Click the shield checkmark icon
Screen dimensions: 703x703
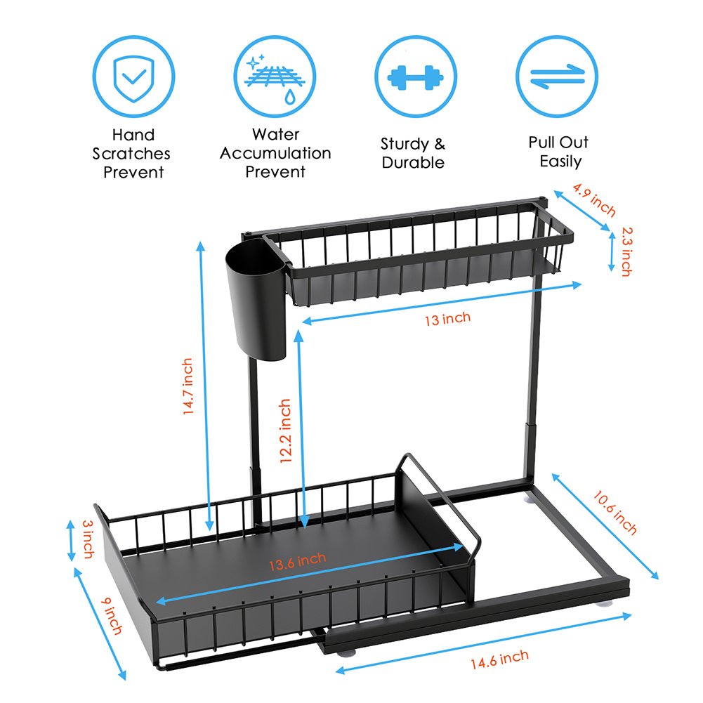[133, 77]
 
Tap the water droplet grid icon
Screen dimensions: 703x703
[275, 77]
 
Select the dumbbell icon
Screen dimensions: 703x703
[416, 77]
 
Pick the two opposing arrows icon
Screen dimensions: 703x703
[557, 77]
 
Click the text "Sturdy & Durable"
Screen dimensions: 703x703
[413, 153]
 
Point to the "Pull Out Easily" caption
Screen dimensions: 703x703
[558, 152]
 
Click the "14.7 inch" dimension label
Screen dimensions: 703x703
[188, 386]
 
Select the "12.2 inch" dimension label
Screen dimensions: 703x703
[286, 431]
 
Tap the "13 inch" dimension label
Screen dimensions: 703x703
[448, 319]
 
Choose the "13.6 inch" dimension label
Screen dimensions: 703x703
[298, 561]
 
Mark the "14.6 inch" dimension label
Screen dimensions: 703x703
[500, 659]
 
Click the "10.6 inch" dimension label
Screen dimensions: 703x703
[615, 513]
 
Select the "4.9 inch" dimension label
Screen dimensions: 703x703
[594, 199]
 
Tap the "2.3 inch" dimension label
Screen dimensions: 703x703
[626, 251]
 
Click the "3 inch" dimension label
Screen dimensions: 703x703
[88, 539]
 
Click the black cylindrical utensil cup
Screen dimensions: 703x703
[256, 299]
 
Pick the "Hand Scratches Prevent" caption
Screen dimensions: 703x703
[132, 153]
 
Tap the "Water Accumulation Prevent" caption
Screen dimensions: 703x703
[275, 153]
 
